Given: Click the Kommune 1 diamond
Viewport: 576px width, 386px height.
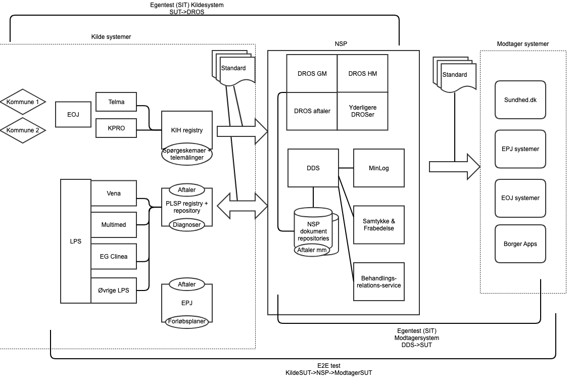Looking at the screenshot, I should pyautogui.click(x=23, y=102).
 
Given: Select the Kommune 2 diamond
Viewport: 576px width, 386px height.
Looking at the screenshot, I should pyautogui.click(x=23, y=130).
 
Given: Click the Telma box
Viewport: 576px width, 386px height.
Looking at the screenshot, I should pyautogui.click(x=116, y=102).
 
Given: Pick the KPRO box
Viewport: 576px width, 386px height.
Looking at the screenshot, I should pyautogui.click(x=116, y=128).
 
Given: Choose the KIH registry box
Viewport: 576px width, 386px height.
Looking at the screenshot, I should pyautogui.click(x=186, y=130).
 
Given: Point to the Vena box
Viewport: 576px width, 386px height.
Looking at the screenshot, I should pyautogui.click(x=113, y=194).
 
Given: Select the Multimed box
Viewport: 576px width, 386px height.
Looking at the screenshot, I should pyautogui.click(x=113, y=225).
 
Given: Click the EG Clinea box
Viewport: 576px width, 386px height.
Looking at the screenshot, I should pyautogui.click(x=113, y=256).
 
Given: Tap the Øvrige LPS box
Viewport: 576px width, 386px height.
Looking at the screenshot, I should pyautogui.click(x=113, y=290).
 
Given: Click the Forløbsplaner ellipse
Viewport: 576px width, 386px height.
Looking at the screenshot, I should pyautogui.click(x=187, y=320).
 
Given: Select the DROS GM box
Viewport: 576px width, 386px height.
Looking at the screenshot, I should pyautogui.click(x=311, y=74).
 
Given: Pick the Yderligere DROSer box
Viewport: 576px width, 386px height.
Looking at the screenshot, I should pyautogui.click(x=362, y=111).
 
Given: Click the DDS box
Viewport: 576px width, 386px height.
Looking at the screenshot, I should pyautogui.click(x=313, y=168).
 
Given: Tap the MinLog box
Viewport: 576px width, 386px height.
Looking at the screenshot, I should pyautogui.click(x=378, y=168).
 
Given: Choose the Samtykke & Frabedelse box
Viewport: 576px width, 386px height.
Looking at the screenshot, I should pyautogui.click(x=378, y=224).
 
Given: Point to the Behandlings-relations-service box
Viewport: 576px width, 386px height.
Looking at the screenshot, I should pyautogui.click(x=378, y=281).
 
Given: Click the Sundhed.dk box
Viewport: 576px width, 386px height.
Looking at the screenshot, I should pyautogui.click(x=520, y=100).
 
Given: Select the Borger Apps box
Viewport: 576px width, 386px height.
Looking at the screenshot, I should pyautogui.click(x=520, y=244).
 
